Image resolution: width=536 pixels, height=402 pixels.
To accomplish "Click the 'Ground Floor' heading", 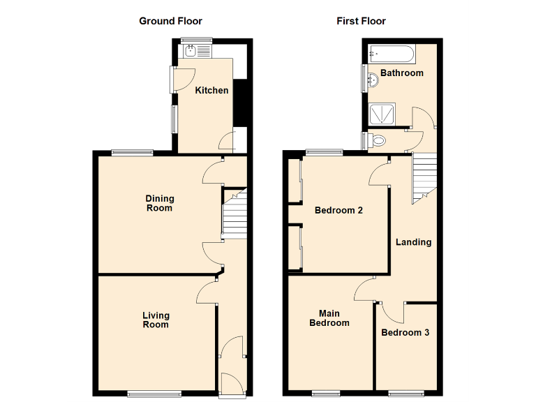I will (171, 21).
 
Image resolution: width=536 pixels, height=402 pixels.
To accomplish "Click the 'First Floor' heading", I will (361, 21).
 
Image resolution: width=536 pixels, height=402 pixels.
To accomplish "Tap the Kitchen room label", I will (211, 90).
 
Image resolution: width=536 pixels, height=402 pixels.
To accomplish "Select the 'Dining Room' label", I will (159, 203).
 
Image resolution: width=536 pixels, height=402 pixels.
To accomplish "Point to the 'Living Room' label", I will (156, 320).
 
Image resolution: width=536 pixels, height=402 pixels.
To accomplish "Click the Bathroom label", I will (402, 73).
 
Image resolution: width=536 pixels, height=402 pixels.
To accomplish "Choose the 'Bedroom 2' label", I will (338, 210).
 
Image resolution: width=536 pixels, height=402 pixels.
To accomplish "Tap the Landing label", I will (413, 242).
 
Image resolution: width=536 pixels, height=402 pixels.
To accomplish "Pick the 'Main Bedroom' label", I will (329, 318).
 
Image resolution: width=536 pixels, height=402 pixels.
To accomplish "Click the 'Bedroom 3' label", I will (405, 332).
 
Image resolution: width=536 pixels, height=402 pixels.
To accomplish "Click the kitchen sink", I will (192, 50).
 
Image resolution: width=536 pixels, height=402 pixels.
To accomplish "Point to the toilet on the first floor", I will (378, 140).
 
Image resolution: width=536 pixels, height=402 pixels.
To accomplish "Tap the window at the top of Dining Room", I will (133, 151).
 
